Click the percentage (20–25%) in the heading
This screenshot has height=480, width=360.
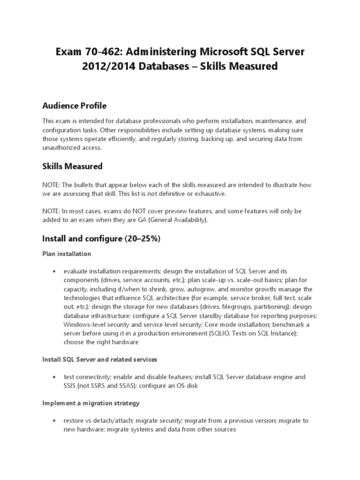pyautogui.click(x=142, y=239)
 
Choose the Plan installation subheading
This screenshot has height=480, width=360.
pyautogui.click(x=67, y=254)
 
